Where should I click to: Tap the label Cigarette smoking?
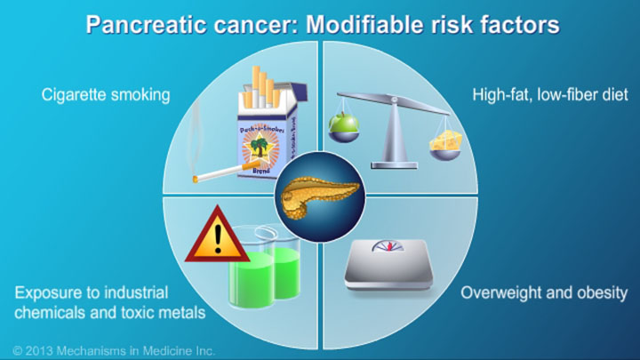pyautogui.click(x=106, y=94)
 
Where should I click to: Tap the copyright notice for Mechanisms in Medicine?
pyautogui.click(x=114, y=350)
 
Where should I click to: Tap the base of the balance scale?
pyautogui.click(x=396, y=163)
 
